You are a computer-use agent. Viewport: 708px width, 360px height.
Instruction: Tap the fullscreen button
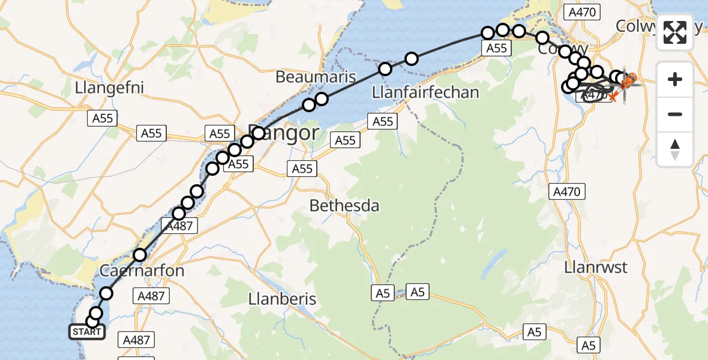pyautogui.click(x=675, y=32)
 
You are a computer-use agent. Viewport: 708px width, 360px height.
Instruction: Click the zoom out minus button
pyautogui.click(x=675, y=114)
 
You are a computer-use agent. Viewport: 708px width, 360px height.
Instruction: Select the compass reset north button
pyautogui.click(x=675, y=149)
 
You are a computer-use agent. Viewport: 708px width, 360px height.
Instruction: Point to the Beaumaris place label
pyautogui.click(x=316, y=77)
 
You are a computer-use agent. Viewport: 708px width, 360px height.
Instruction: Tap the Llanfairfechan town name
pyautogui.click(x=425, y=92)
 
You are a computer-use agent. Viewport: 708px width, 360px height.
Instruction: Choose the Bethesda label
pyautogui.click(x=344, y=206)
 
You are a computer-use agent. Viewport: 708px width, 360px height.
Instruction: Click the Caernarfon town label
pyautogui.click(x=142, y=271)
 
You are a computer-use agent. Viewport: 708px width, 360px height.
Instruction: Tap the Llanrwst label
pyautogui.click(x=596, y=267)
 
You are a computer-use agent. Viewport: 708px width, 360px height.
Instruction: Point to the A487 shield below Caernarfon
pyautogui.click(x=151, y=295)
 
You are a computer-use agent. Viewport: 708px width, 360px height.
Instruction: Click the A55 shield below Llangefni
pyautogui.click(x=103, y=118)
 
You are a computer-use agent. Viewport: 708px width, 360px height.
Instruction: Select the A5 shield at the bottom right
pyautogui.click(x=588, y=345)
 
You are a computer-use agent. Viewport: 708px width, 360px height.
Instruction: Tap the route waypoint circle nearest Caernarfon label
pyautogui.click(x=140, y=255)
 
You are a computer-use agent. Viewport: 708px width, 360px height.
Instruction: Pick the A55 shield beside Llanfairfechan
pyautogui.click(x=382, y=122)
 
